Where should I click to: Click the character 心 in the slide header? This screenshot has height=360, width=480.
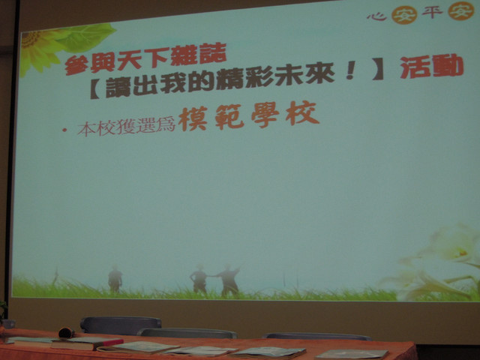[x=376, y=16]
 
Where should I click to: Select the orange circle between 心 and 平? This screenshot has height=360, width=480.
[x=403, y=14]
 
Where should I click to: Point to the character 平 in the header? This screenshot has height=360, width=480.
[x=432, y=12]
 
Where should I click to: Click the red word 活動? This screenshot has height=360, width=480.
[x=432, y=66]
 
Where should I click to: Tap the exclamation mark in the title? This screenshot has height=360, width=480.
[x=350, y=70]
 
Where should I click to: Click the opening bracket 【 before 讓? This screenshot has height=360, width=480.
[x=95, y=88]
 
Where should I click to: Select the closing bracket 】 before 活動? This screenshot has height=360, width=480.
[x=378, y=70]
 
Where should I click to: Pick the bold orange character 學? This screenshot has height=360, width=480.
[x=265, y=115]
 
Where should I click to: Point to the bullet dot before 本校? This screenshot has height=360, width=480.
[x=64, y=130]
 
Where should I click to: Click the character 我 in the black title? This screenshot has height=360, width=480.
[x=172, y=83]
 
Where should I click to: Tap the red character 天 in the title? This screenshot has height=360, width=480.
[x=129, y=61]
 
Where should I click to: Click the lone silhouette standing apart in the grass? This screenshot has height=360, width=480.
[x=115, y=279]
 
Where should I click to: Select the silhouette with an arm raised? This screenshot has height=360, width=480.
[x=228, y=280]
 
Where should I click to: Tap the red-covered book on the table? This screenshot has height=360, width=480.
[x=87, y=343]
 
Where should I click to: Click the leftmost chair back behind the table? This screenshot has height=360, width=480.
[x=121, y=325]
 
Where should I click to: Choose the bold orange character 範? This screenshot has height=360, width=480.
[x=229, y=117]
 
